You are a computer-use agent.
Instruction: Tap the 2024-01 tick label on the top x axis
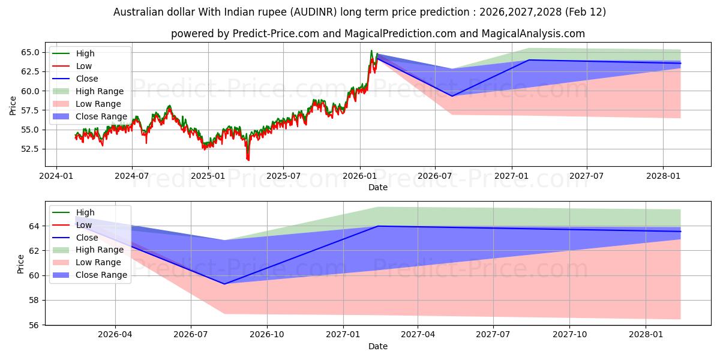click(56, 176)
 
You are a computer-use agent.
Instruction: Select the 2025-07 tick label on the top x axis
click(283, 176)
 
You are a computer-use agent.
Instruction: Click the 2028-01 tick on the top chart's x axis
click(663, 176)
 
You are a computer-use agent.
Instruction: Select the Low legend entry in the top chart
click(83, 66)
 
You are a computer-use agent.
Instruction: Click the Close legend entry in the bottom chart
click(87, 238)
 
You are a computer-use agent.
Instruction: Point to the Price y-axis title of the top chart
click(13, 106)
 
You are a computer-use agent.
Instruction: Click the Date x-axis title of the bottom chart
click(377, 346)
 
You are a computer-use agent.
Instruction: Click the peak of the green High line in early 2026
click(371, 51)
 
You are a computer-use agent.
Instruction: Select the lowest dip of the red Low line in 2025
click(248, 160)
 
